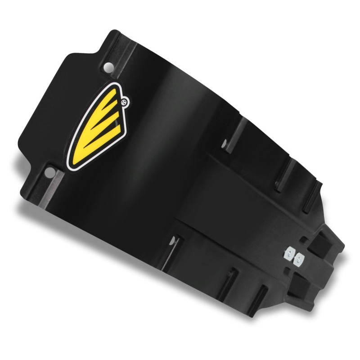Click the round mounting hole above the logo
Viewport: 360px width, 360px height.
(108, 67)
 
